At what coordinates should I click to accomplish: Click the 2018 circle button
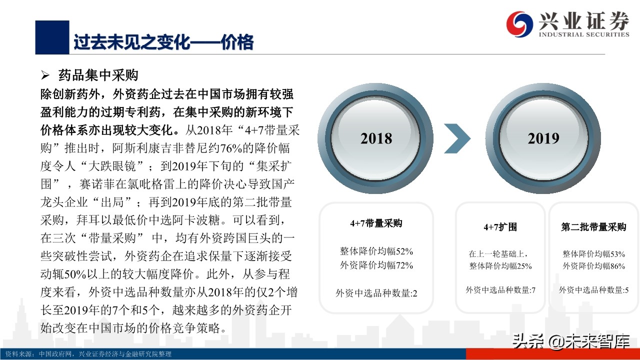coord(376,138)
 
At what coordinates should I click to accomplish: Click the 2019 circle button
coord(543,138)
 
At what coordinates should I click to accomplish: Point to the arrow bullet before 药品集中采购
coord(45,76)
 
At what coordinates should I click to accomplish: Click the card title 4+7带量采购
coord(376,223)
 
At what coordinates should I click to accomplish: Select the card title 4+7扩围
coord(500,227)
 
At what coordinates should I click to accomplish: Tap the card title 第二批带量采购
coord(593,227)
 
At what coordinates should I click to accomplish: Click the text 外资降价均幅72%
coord(376,265)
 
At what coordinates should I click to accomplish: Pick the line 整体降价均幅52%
coord(376,251)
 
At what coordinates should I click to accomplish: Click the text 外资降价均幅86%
coord(593,266)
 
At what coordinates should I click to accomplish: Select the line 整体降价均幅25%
coord(500,266)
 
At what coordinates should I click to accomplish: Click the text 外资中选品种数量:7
coord(500,289)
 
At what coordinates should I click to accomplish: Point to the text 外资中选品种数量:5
coord(593,289)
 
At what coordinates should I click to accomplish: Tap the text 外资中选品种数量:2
coord(376,293)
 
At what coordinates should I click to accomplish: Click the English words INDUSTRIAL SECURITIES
coord(583,34)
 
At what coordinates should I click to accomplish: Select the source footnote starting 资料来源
coord(88,354)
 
